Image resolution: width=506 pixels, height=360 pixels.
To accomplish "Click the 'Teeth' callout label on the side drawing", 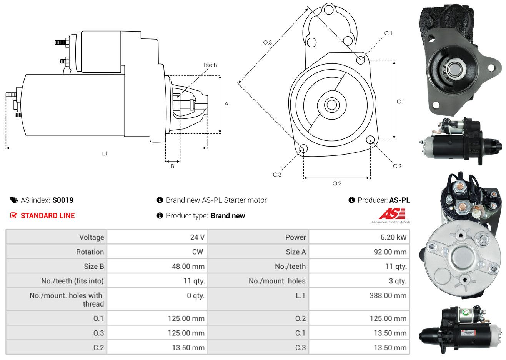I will point(210,65).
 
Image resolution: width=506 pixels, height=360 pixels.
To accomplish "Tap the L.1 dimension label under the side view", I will point(104,153).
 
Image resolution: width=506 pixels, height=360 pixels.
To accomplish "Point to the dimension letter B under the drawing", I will point(173,166).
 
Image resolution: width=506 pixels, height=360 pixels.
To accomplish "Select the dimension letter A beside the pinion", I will point(226,104).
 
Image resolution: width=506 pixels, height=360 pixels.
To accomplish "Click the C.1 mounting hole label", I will point(388,33).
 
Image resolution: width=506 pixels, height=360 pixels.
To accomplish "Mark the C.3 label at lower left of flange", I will point(277,175).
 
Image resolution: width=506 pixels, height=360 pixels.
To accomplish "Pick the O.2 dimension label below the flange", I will point(337,183).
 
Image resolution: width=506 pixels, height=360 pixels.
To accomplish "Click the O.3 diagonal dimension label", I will point(268,42).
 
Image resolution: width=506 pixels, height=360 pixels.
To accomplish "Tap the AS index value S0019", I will point(63,200).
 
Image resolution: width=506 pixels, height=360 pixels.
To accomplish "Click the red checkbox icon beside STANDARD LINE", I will point(14,215).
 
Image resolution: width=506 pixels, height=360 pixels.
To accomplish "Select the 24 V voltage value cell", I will point(197,237).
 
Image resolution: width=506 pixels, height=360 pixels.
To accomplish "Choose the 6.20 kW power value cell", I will point(393,237).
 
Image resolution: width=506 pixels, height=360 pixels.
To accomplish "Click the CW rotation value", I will point(198,252).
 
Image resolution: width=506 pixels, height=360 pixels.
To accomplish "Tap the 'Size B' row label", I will point(94,267).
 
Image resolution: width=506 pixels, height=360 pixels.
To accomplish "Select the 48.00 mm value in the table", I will point(188,267).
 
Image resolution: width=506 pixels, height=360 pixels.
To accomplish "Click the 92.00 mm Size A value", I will point(389,252).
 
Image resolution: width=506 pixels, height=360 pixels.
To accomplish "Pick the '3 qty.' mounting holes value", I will point(398,281).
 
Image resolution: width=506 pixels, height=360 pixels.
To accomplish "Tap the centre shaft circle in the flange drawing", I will point(331,104).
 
